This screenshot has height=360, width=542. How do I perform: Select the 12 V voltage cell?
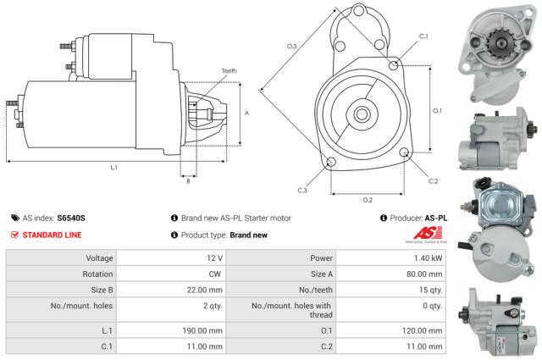213,258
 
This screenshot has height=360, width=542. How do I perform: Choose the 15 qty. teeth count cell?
431,292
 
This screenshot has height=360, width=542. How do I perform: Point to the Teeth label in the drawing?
229,70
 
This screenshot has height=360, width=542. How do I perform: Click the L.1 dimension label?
113,167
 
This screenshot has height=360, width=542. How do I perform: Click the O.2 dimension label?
368,200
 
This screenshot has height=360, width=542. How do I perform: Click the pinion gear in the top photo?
492,40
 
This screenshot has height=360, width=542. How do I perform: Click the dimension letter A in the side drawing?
246,112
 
